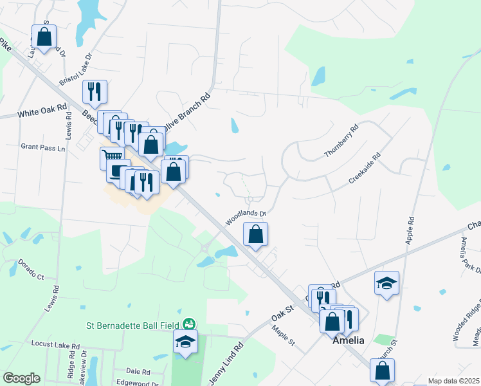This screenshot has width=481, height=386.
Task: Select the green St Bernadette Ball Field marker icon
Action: (189, 324)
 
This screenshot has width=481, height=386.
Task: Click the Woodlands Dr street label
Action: (246, 216)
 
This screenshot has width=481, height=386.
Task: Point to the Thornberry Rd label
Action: (341, 141)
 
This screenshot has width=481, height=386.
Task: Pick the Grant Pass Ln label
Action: (43, 147)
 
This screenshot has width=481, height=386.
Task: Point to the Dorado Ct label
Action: (30, 270)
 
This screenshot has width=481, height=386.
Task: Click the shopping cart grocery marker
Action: (112, 157)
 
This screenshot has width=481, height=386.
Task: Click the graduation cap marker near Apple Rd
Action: (386, 282)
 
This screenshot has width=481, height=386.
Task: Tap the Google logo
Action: (21, 378)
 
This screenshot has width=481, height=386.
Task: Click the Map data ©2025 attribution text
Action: (454, 381)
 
